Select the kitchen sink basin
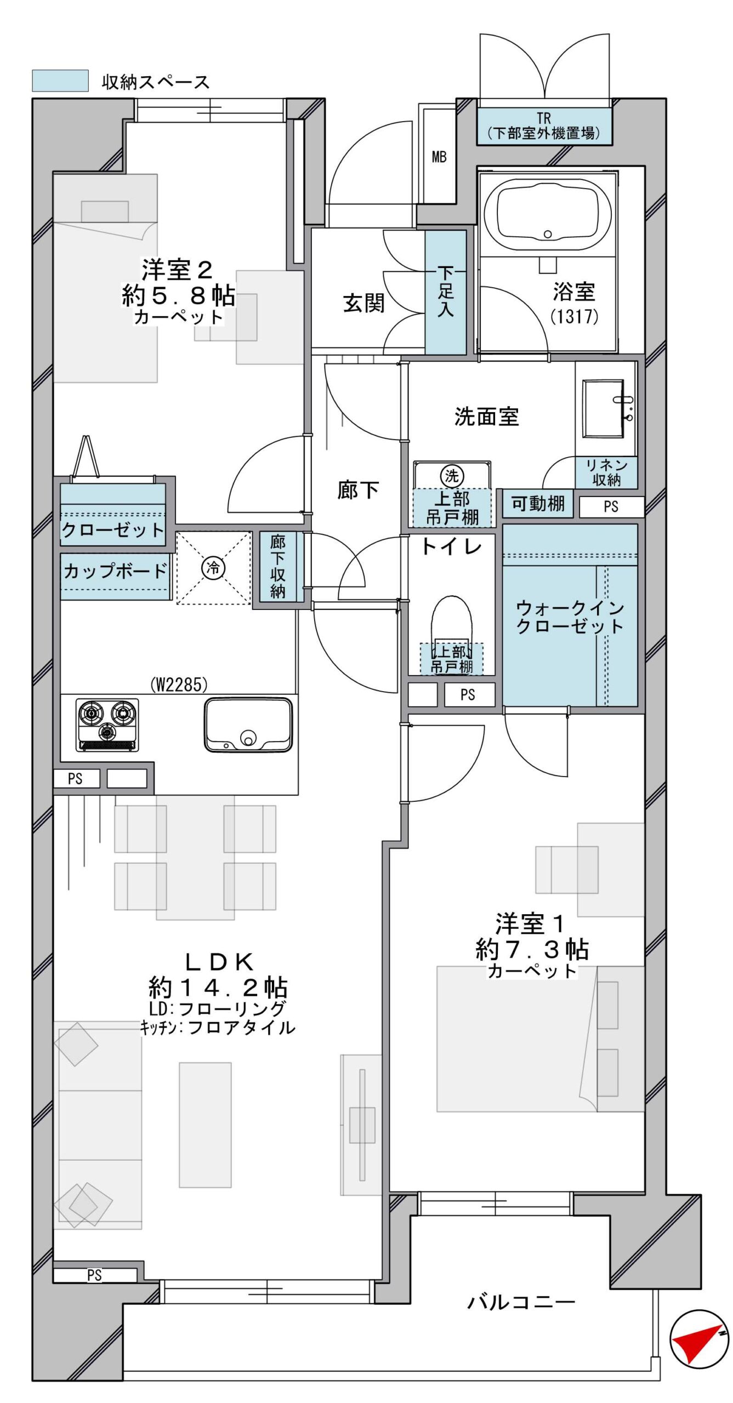[x=248, y=724]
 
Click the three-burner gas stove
[x=107, y=725]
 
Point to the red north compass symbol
[x=699, y=1339]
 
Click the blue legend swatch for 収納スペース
[x=60, y=81]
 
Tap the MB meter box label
[x=439, y=157]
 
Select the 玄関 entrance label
[x=363, y=303]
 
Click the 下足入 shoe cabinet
[x=446, y=292]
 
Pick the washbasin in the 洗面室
[x=604, y=408]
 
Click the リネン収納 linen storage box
[x=606, y=472]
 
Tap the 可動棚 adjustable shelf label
[x=538, y=503]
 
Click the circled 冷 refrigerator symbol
[x=213, y=568]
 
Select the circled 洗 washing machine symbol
[x=451, y=475]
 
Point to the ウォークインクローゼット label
[x=570, y=617]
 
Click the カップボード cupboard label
[x=115, y=571]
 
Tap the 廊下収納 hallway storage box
[x=278, y=567]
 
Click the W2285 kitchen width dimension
[x=179, y=685]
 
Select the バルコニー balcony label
[x=521, y=1302]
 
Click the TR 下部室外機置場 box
[x=544, y=126]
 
